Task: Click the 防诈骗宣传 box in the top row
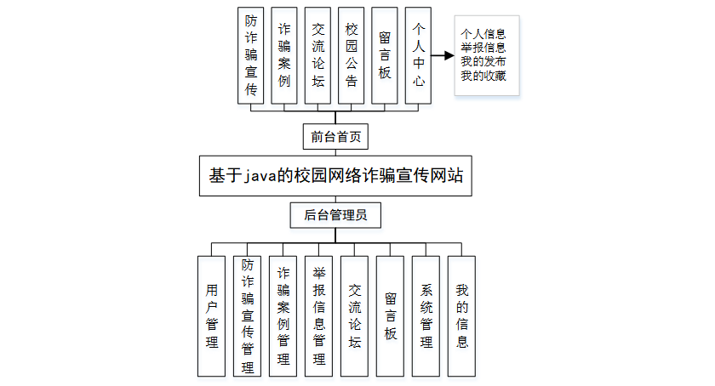pos(251,55)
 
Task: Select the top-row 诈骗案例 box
pos(284,55)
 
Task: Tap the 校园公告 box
pos(352,55)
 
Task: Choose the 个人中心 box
pos(418,55)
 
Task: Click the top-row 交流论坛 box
pos(317,55)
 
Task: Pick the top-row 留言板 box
pos(385,55)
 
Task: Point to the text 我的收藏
pos(483,77)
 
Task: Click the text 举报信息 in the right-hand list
pos(483,48)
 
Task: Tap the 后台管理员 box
pos(335,215)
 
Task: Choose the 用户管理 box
pos(212,315)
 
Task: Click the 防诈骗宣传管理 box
pos(248,315)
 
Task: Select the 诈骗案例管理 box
pos(283,315)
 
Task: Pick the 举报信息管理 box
pos(319,315)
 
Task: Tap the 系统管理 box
pos(426,315)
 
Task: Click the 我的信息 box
pos(461,315)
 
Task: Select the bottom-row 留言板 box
pos(390,315)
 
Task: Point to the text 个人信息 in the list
pos(483,35)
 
